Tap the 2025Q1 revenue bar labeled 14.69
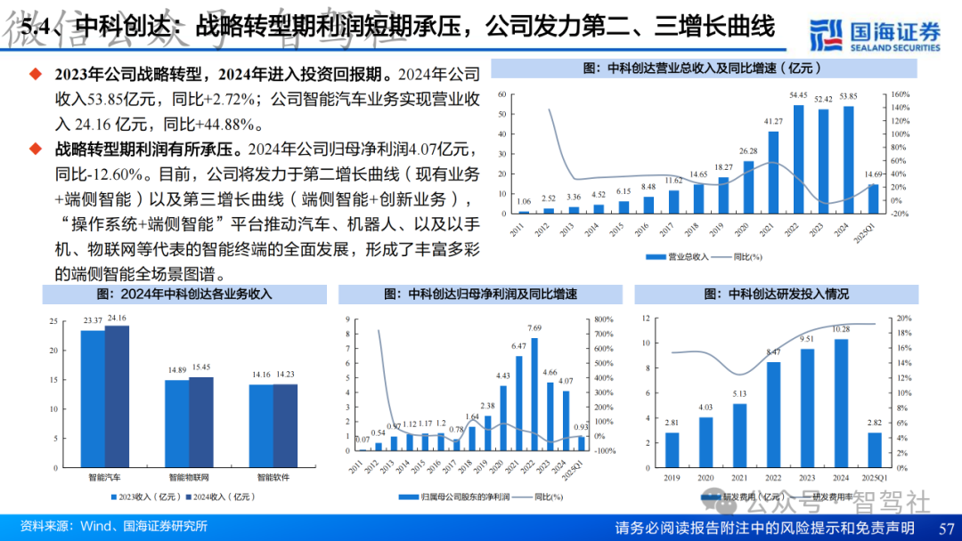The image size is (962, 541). (874, 198)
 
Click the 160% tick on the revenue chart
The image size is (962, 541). (899, 93)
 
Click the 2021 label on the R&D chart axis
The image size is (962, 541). (739, 478)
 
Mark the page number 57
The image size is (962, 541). (946, 528)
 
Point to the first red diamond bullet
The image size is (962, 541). (36, 74)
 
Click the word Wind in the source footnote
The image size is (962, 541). (99, 526)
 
